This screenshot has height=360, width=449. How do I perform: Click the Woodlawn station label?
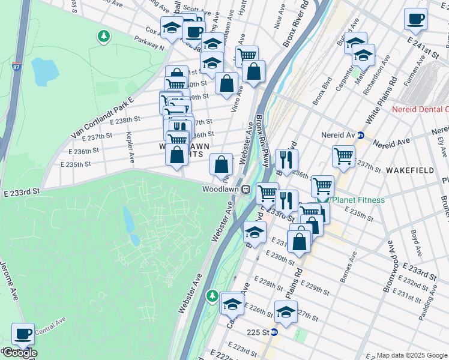220,188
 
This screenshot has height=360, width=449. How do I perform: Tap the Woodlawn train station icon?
246,188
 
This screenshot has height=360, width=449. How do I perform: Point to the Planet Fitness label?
360,200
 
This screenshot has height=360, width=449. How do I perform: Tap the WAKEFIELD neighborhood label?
410,170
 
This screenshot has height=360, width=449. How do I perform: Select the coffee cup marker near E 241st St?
415,19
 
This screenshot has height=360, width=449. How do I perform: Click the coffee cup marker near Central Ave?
23,334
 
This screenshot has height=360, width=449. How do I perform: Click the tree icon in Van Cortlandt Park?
104,37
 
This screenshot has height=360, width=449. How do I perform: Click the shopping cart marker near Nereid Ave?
344,156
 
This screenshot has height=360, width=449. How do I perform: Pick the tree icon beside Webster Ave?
212,296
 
